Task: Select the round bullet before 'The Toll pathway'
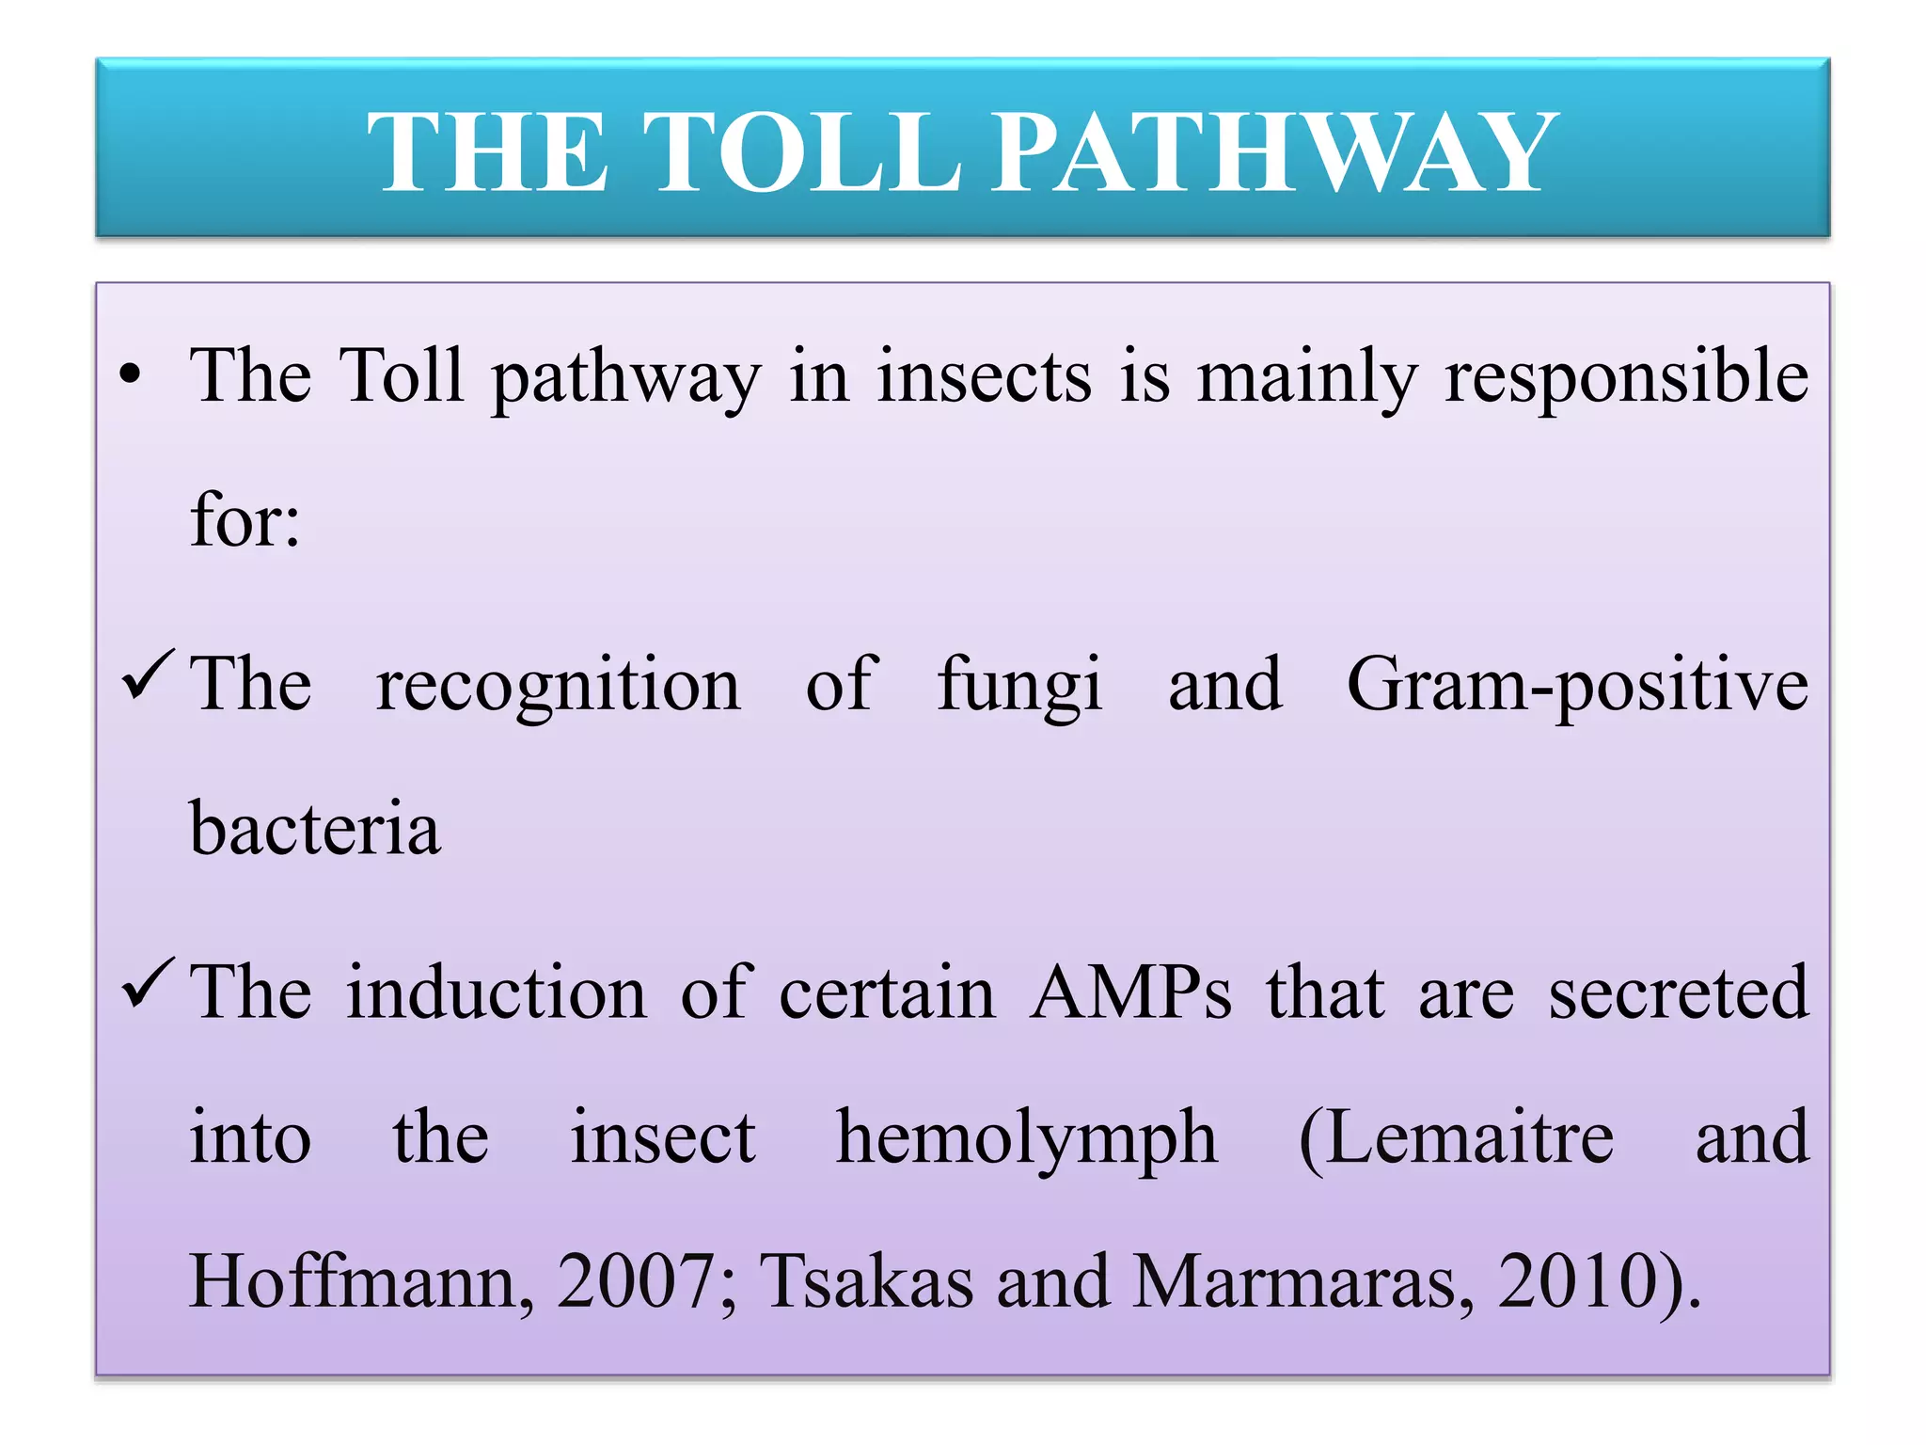pyautogui.click(x=131, y=376)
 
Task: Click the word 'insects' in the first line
pyautogui.click(x=985, y=376)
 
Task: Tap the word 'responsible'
pyautogui.click(x=1626, y=376)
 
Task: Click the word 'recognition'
pyautogui.click(x=558, y=685)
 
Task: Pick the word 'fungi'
pyautogui.click(x=1020, y=685)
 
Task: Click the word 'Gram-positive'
pyautogui.click(x=1577, y=685)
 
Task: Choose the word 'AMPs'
pyautogui.click(x=1130, y=992)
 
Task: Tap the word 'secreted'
pyautogui.click(x=1679, y=992)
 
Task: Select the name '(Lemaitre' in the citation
pyautogui.click(x=1457, y=1136)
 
